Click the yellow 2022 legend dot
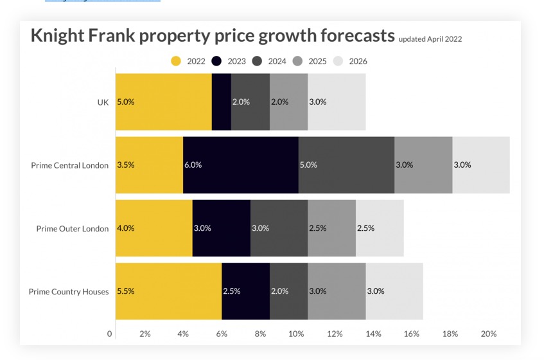click(x=176, y=61)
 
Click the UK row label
click(x=103, y=102)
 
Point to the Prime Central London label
click(x=69, y=165)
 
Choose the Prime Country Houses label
click(x=69, y=292)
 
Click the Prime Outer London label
click(x=72, y=229)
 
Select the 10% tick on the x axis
click(x=295, y=334)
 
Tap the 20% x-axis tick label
click(x=488, y=334)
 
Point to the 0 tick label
click(x=110, y=334)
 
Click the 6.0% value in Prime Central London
click(x=193, y=165)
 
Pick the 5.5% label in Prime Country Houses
click(x=126, y=291)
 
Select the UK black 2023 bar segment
click(x=221, y=102)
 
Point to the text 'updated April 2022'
click(x=430, y=39)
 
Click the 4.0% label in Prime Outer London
click(x=126, y=228)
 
